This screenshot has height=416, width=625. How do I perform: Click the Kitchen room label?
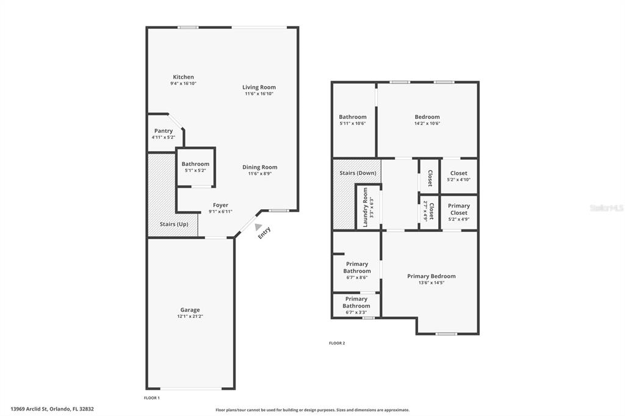(x=183, y=77)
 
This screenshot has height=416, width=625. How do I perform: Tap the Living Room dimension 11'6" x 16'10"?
(x=259, y=94)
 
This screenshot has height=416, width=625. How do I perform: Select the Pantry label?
(x=164, y=131)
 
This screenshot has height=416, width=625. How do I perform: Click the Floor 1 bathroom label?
(x=195, y=164)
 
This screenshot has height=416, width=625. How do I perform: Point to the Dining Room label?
(x=260, y=167)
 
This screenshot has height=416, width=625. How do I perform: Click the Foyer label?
(x=220, y=206)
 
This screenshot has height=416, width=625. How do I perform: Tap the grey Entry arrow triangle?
(x=259, y=227)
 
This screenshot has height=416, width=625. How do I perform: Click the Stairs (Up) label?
(x=174, y=224)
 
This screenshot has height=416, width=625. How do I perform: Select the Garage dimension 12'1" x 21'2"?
(x=190, y=317)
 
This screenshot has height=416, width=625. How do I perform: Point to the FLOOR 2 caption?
(x=337, y=343)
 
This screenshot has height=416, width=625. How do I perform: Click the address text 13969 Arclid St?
(x=52, y=409)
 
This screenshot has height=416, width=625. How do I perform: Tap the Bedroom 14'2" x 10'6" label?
(x=427, y=117)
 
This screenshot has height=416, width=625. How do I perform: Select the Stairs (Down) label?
(x=358, y=173)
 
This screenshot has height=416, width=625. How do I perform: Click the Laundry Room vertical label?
(x=366, y=207)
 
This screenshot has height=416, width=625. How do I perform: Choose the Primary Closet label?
(x=458, y=209)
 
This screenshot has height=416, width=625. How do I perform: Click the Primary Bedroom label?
(x=431, y=276)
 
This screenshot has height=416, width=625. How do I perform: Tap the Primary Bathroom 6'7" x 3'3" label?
(x=356, y=302)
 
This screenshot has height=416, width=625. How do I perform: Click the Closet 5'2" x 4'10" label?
(x=458, y=173)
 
